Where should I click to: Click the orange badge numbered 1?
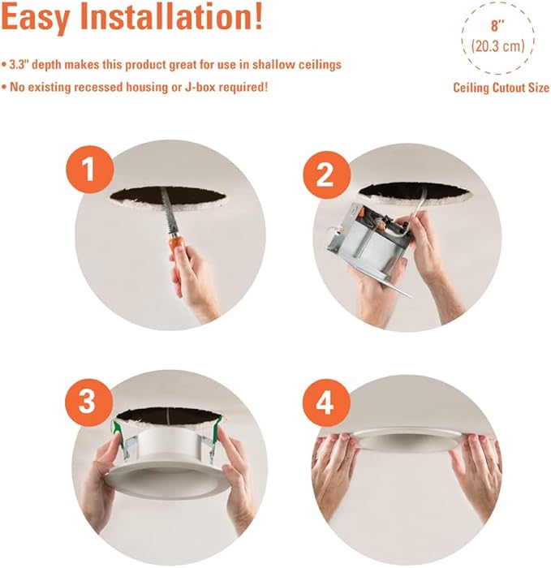point(89,170)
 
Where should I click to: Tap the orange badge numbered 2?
point(326,175)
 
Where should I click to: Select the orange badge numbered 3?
point(88,402)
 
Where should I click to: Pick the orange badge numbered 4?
point(325,403)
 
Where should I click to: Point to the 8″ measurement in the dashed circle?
point(497,26)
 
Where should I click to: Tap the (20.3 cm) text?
point(497,46)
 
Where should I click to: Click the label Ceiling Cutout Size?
point(501,88)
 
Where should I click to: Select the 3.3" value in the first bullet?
point(18,65)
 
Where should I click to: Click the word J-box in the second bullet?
point(200,88)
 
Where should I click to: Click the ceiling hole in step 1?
point(168,196)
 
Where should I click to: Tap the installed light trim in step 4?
point(406,440)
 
